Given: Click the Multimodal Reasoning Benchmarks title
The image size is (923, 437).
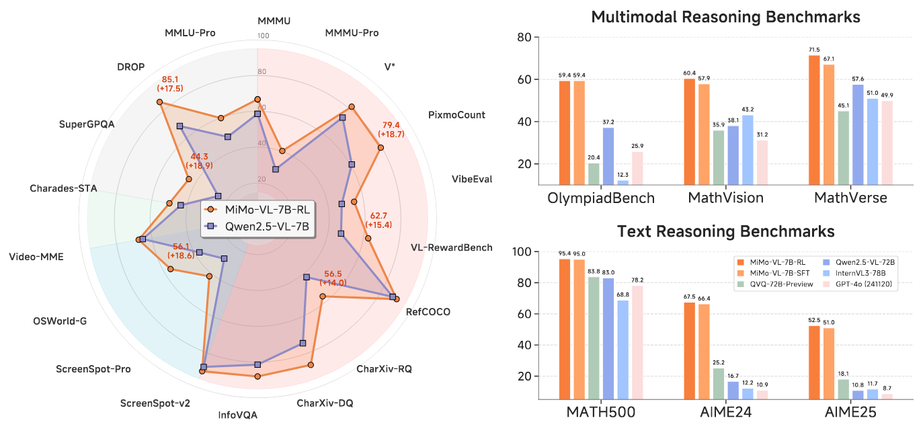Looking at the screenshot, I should pos(726,17).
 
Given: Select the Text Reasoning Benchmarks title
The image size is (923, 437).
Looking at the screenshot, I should pos(726,232).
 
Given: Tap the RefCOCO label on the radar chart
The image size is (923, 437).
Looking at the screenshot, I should pos(428,312).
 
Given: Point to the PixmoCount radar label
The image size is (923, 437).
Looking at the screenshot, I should pos(456,115).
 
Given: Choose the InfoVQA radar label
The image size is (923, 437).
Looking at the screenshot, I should pos(238,415).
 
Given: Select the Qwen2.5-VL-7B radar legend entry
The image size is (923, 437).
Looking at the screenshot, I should pos(266,227).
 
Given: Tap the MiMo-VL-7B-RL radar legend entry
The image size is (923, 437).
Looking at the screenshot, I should pos(266,208).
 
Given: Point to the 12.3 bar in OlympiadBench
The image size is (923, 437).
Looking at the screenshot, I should pos(623,182).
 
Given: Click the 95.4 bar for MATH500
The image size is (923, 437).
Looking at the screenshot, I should pos(565,329).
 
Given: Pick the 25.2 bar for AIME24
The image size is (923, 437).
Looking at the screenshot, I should pos(719,384).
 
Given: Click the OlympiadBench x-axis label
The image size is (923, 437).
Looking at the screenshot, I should pos(601,198).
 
